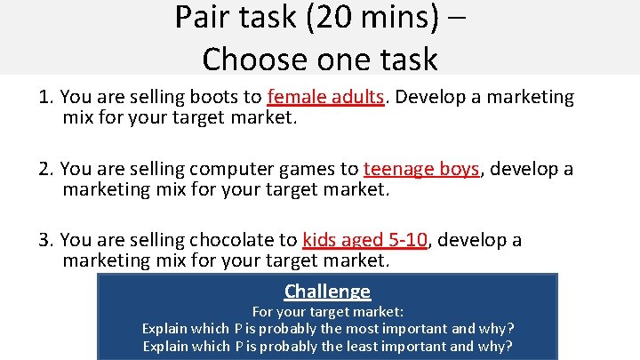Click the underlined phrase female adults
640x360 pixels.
[x=326, y=97]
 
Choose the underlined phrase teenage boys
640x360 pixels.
[x=421, y=169]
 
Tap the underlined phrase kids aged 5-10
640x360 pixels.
[x=365, y=240]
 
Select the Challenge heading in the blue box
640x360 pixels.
[x=327, y=291]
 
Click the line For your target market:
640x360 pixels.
[x=327, y=312]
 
